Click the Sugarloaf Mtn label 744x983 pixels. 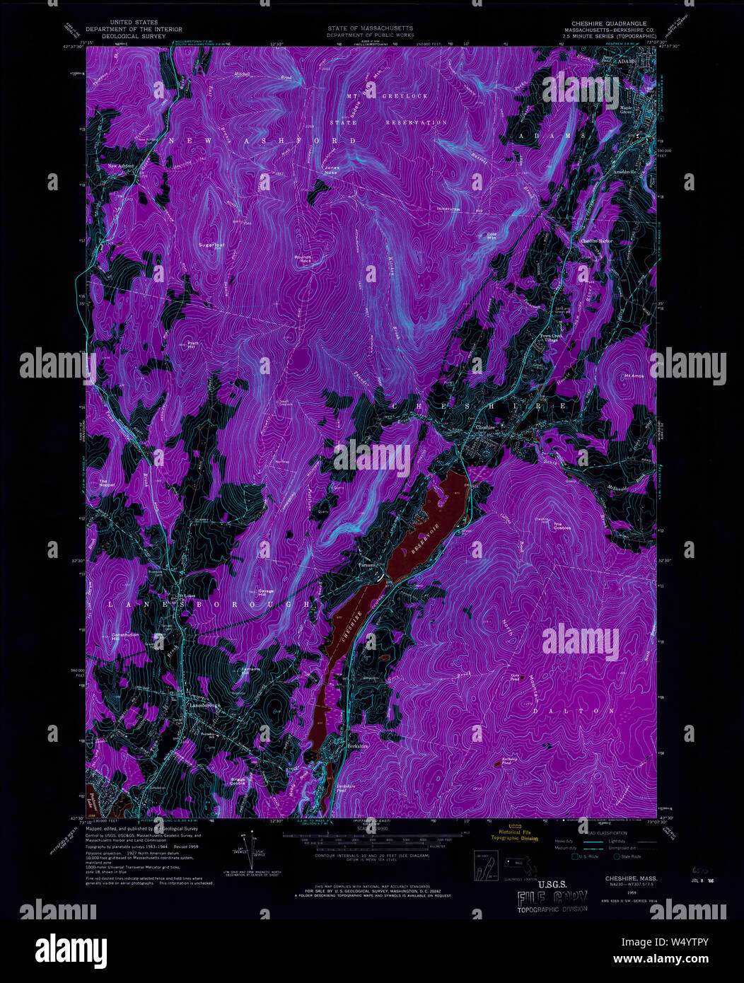pyautogui.click(x=211, y=245)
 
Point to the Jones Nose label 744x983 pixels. pyautogui.click(x=332, y=170)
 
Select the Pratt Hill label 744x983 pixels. pyautogui.click(x=191, y=344)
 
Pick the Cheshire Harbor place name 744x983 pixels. pyautogui.click(x=597, y=241)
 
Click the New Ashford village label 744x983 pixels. pyautogui.click(x=121, y=166)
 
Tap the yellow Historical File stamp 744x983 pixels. pyautogui.click(x=516, y=834)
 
